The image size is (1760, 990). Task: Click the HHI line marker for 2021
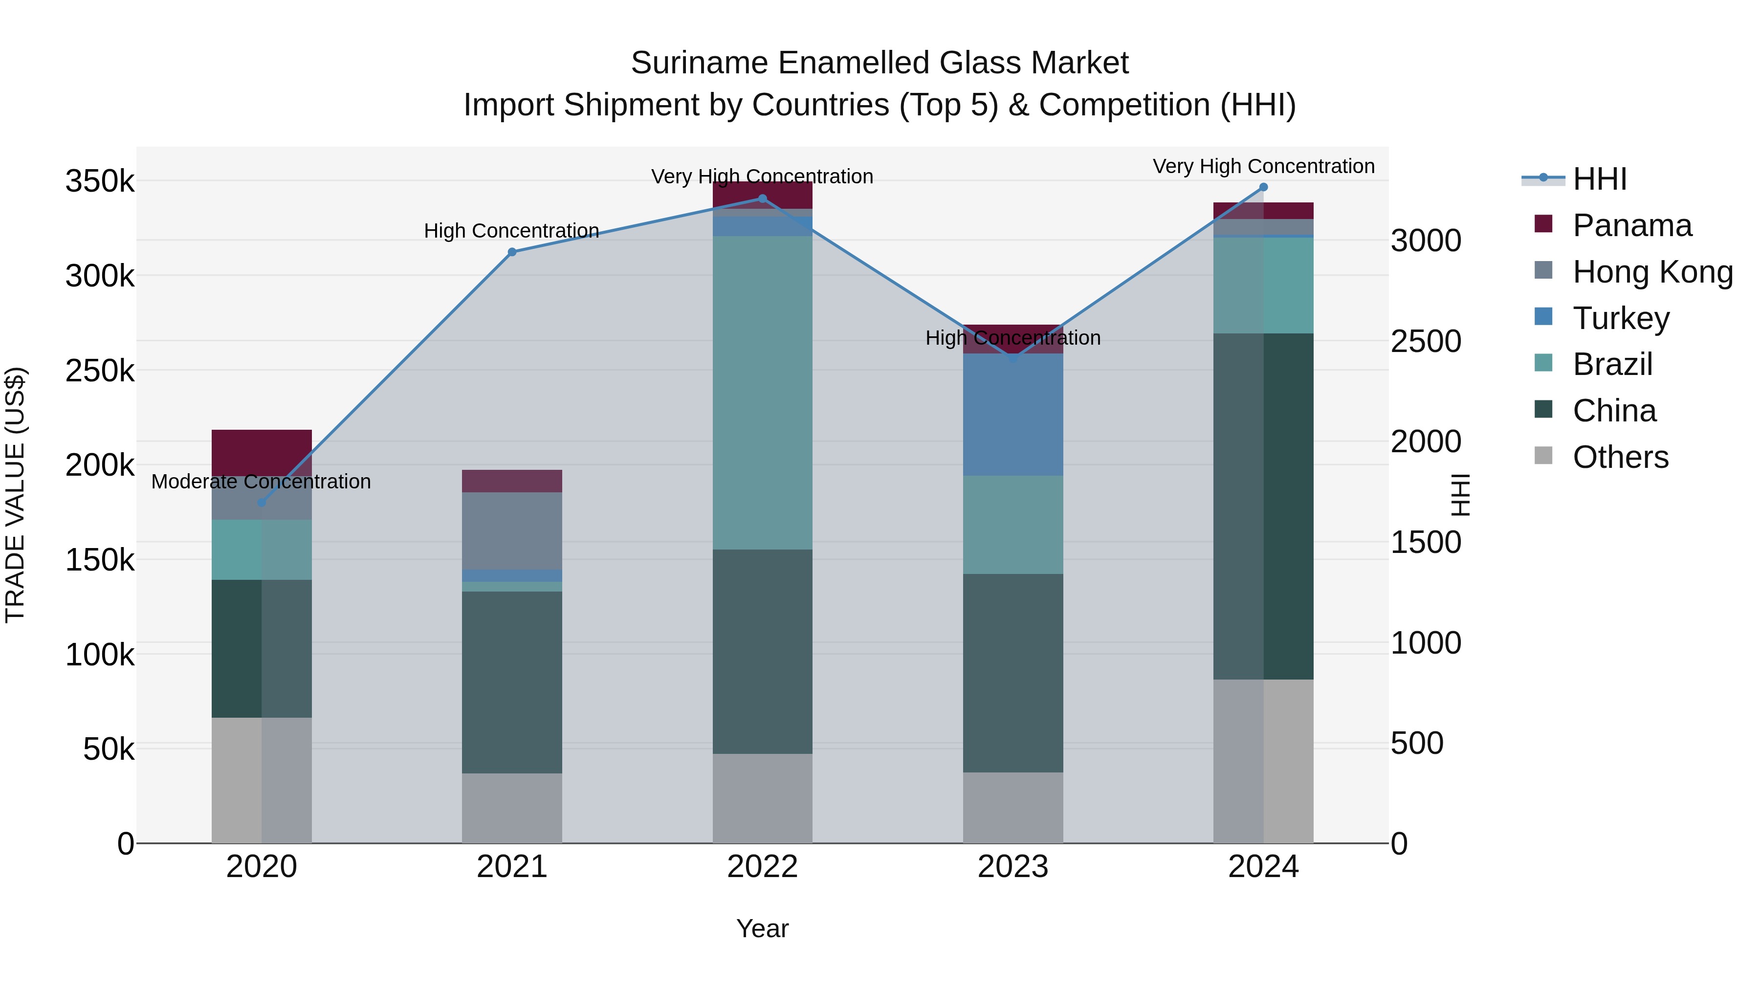click(512, 252)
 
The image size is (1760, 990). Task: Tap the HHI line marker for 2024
click(1263, 187)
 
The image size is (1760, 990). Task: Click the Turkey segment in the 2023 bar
click(1013, 414)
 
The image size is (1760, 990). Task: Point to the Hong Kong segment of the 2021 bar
click(512, 531)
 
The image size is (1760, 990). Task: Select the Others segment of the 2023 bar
click(1013, 808)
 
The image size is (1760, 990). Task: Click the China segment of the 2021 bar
click(512, 682)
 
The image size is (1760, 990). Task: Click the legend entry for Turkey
click(1620, 318)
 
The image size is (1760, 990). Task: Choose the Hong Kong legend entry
click(1651, 272)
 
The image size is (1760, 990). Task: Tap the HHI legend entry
click(1599, 179)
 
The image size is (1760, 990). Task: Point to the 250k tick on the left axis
click(100, 371)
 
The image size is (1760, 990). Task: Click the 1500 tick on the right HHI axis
click(1425, 543)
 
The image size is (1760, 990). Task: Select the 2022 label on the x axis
click(763, 867)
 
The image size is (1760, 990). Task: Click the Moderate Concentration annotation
click(261, 482)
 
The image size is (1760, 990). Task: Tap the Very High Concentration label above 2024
click(1263, 166)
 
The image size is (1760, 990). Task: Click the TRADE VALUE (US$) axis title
click(15, 495)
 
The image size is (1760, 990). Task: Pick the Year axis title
click(763, 928)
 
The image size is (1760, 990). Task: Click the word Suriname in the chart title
click(698, 63)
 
